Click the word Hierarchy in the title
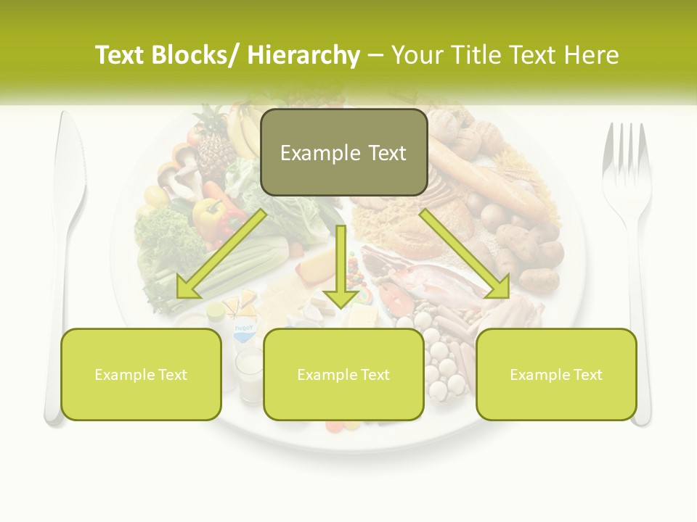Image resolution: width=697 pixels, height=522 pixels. [303, 56]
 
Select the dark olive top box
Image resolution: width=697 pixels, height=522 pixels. [343, 153]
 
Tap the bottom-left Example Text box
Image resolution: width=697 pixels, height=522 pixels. [141, 374]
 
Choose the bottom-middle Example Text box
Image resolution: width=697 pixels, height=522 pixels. [343, 374]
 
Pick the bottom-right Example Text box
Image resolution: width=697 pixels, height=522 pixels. [556, 374]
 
